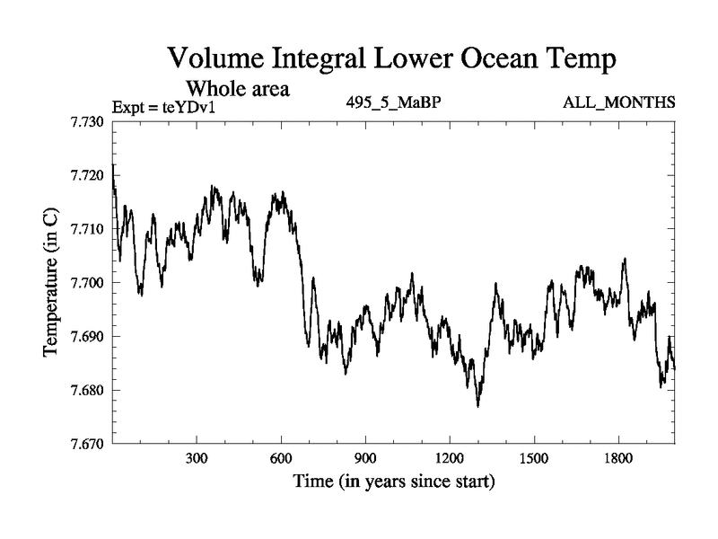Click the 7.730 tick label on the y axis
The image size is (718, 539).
point(87,121)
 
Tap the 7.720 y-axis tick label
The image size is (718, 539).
point(87,175)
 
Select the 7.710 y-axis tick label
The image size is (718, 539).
point(87,229)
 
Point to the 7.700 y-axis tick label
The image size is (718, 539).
point(87,283)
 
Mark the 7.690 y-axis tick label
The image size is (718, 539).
point(87,337)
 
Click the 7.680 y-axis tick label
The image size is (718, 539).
point(87,391)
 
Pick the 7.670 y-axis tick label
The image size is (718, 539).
point(87,444)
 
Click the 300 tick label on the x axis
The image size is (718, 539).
point(197,458)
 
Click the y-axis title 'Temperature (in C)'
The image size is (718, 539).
point(50,282)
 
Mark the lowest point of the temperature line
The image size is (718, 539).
point(478,406)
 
